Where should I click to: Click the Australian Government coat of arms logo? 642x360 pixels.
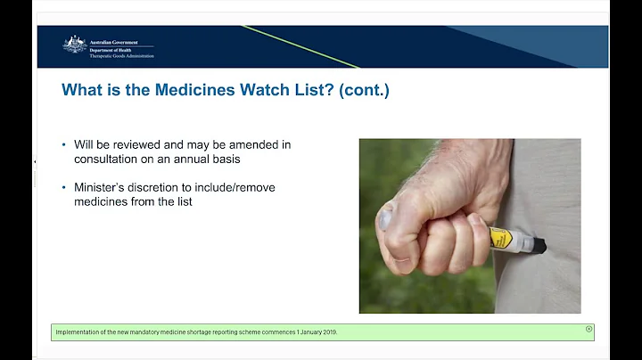[75, 45]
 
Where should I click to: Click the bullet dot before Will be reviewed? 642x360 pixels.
[64, 144]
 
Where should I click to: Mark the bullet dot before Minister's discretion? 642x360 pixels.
[64, 187]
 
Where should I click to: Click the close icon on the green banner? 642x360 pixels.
[588, 329]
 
